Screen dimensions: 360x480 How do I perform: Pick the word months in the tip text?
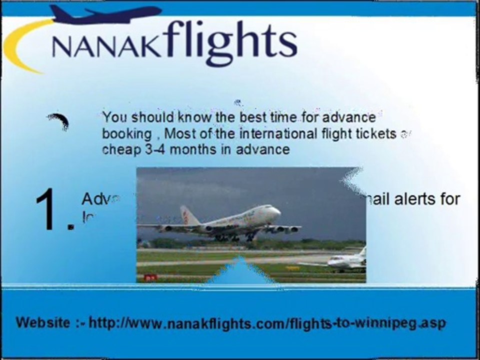(x=187, y=149)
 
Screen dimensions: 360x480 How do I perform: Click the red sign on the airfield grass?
(x=149, y=277)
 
